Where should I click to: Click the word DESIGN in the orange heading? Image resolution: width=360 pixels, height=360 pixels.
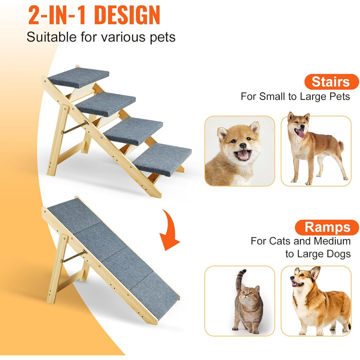(x=127, y=15)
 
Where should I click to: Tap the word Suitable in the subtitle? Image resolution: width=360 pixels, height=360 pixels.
(x=51, y=37)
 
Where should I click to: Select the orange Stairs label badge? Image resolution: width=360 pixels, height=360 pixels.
(x=332, y=82)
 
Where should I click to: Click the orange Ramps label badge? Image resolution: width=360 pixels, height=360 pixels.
(x=327, y=227)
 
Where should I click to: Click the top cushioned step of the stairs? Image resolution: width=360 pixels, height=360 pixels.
(x=79, y=78)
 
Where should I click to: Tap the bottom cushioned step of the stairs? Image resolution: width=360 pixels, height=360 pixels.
(x=163, y=159)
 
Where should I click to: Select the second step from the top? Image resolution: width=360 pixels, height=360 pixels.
(x=105, y=104)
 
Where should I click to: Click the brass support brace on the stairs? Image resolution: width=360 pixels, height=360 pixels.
(x=75, y=127)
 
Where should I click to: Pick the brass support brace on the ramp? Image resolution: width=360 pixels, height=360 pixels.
(x=74, y=256)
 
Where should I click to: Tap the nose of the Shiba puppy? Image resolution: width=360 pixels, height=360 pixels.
(x=243, y=145)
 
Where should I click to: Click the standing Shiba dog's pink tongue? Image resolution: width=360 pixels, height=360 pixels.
(x=300, y=133)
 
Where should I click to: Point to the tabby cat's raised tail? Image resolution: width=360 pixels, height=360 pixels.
(x=240, y=279)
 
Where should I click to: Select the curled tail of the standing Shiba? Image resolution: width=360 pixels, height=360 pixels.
(x=341, y=146)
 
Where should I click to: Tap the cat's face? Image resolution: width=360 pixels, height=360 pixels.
(x=247, y=295)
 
